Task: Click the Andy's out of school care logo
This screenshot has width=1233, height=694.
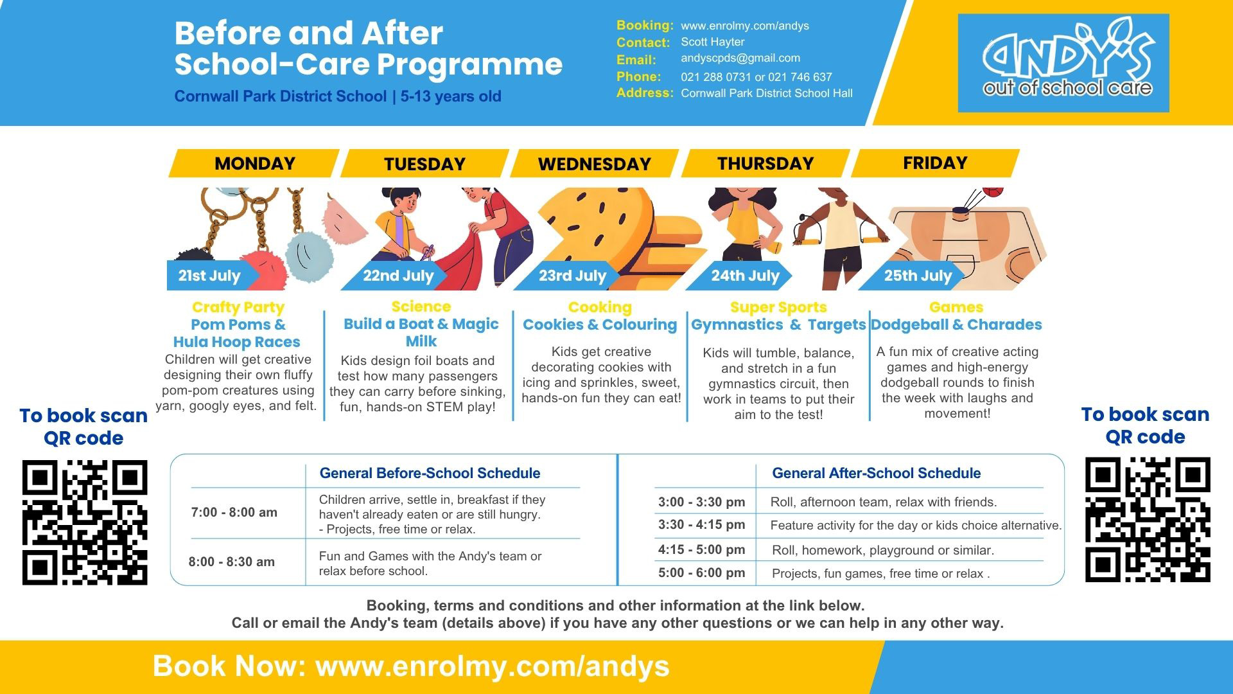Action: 1063,63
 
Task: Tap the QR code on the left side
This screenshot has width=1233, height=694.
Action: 85,522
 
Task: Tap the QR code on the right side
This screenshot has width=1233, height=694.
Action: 1148,520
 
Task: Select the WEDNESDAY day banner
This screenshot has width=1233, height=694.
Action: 595,164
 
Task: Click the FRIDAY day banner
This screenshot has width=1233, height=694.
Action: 935,163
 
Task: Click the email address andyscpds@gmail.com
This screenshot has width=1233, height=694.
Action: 740,58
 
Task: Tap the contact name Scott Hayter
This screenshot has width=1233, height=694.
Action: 713,42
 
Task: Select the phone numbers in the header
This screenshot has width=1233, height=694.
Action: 756,77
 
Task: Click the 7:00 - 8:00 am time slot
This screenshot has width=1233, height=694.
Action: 234,513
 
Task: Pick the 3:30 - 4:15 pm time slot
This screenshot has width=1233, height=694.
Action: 702,525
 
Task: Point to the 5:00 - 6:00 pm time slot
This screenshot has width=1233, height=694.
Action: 702,573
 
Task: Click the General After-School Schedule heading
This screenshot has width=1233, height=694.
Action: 877,474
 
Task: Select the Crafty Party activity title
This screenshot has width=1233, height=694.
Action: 238,308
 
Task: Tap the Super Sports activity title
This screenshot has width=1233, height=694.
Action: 778,308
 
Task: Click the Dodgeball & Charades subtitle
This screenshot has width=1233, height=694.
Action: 956,325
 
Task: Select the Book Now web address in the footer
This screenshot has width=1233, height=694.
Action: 493,666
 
